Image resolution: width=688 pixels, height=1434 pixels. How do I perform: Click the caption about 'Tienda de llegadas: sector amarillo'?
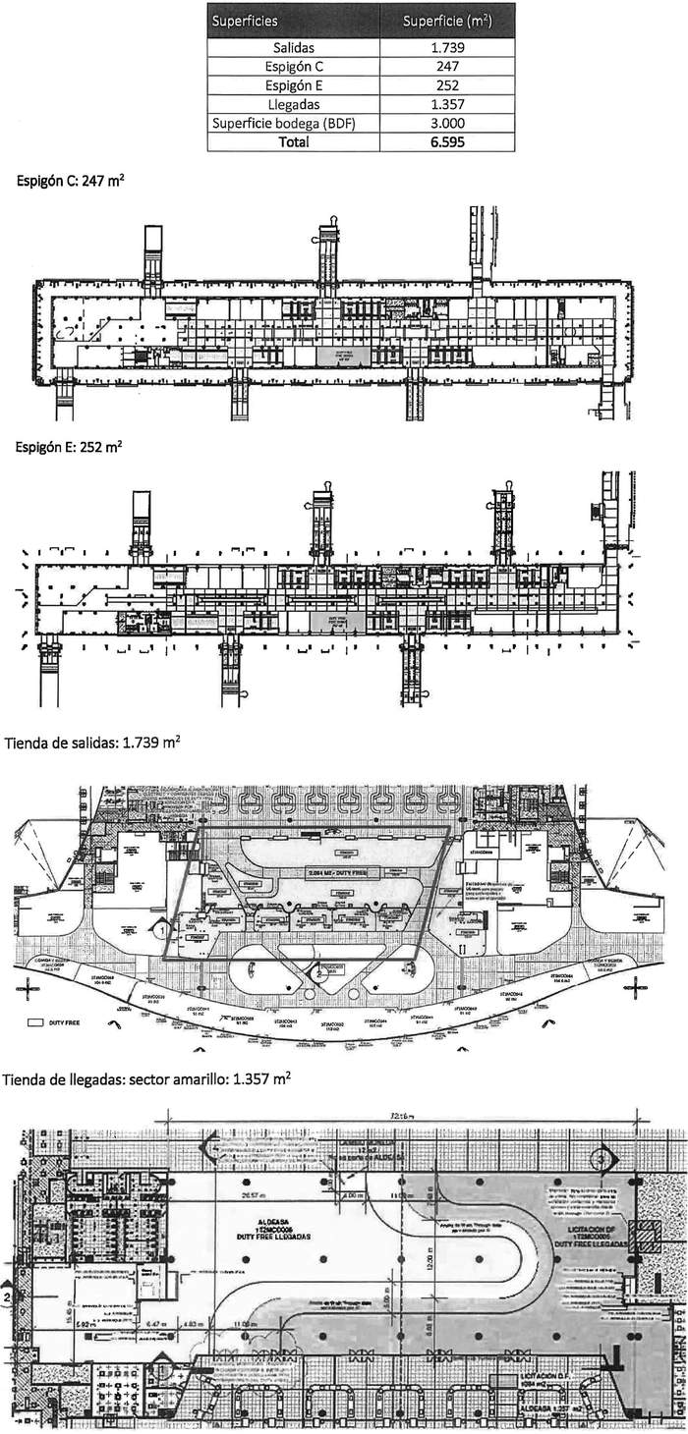[147, 1078]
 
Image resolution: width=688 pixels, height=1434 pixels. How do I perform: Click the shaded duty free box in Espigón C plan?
[337, 354]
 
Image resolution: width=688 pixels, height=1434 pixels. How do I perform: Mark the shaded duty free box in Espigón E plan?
[336, 621]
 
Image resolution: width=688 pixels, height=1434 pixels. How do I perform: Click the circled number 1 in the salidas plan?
[159, 926]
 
